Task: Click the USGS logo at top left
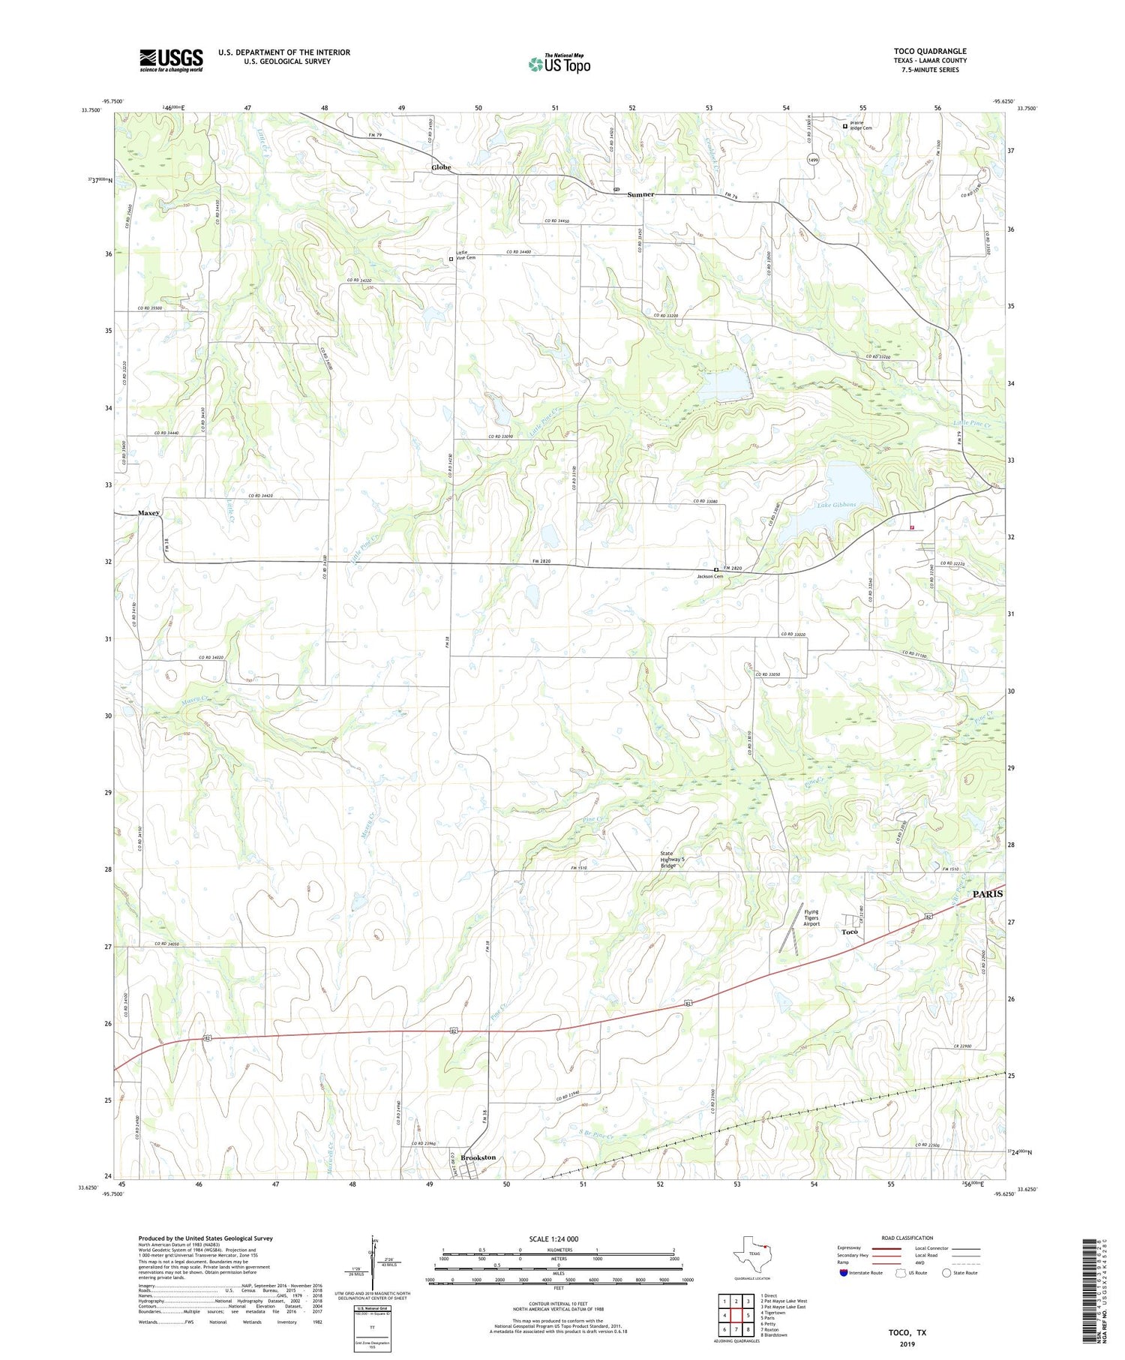coord(171,60)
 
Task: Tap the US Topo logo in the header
coord(559,64)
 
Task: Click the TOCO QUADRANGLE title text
coord(930,51)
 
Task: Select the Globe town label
coord(441,167)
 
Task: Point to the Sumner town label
coord(640,194)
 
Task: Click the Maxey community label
coord(148,513)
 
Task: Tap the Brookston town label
coord(478,1157)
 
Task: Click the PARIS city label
coord(987,894)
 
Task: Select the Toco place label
coord(849,932)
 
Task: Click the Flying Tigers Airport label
coord(811,917)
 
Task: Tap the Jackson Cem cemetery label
coord(709,576)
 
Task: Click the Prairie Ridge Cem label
coord(860,128)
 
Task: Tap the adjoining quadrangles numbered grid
coord(735,1314)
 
